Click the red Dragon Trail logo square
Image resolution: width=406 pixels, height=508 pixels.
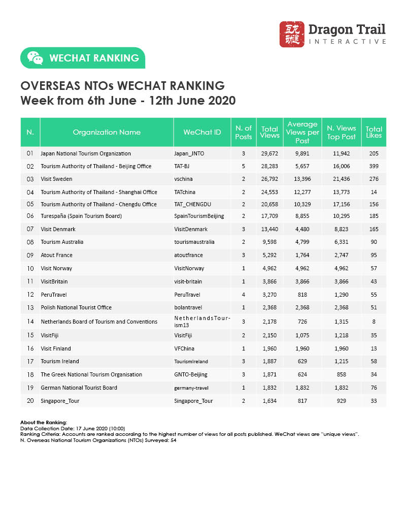(x=292, y=34)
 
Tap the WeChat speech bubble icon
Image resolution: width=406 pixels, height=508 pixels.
(x=35, y=58)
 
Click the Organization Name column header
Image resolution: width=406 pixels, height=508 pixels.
(x=107, y=132)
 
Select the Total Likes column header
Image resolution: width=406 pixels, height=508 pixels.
(x=374, y=132)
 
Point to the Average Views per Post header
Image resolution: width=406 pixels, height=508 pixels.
(x=302, y=132)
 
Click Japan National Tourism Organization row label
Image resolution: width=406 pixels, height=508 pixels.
(x=86, y=153)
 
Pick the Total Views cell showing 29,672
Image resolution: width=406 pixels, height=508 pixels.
(x=269, y=153)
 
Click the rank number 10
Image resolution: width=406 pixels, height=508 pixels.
(x=30, y=268)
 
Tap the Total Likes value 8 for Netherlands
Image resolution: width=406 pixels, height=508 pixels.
(x=374, y=321)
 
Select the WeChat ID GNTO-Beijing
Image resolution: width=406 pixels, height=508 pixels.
(x=191, y=374)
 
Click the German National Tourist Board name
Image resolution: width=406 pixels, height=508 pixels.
(x=79, y=388)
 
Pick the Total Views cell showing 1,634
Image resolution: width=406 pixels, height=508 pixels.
(x=269, y=400)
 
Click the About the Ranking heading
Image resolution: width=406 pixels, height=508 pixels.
(x=44, y=423)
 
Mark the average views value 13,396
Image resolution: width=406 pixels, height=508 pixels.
(x=302, y=179)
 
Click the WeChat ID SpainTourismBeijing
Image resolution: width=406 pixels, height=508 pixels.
(x=198, y=216)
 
